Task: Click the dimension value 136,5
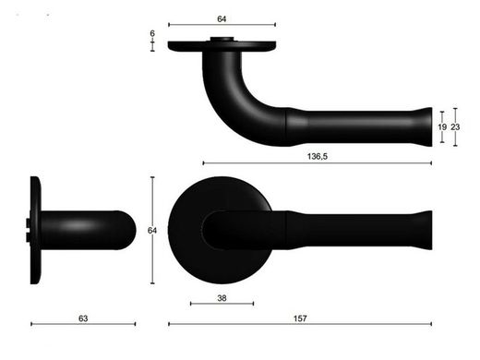318,156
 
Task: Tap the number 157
300,318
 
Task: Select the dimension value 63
83,318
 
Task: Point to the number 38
222,298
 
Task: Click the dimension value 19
442,126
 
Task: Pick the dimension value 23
455,126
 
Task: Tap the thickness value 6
152,33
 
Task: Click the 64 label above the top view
222,18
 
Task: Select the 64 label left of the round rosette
152,230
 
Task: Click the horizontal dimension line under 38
222,304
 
